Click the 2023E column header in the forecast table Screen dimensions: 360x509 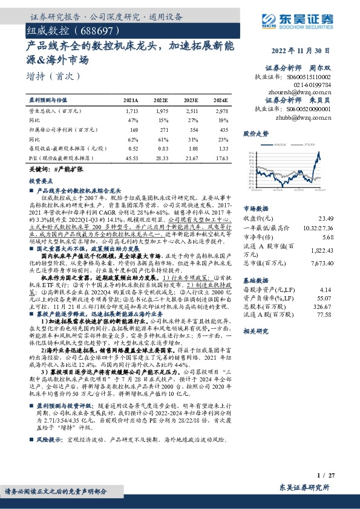191,100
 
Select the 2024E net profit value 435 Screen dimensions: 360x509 223,129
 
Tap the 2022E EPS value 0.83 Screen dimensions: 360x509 162,148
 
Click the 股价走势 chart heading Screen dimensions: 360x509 255,132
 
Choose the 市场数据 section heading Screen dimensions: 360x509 255,207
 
